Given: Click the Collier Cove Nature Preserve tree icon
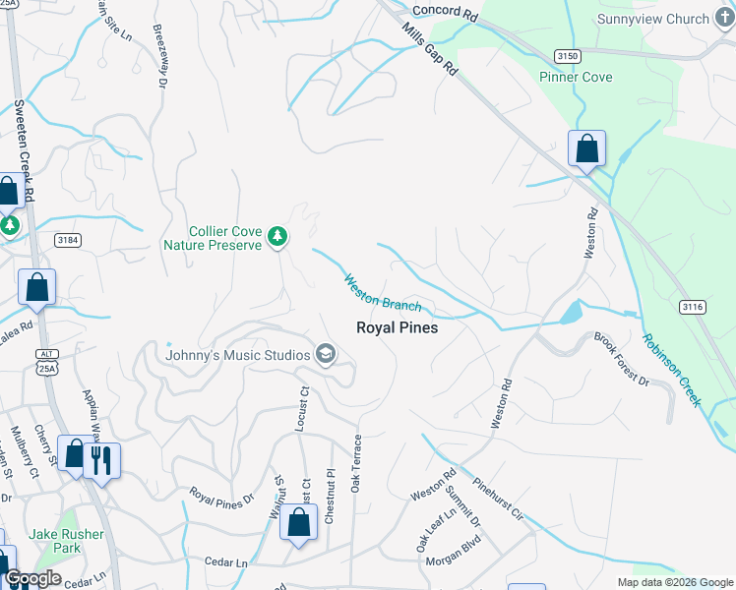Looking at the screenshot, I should [x=278, y=235].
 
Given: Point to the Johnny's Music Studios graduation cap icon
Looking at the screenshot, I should [x=326, y=355].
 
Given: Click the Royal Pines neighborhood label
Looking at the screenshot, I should [x=397, y=327].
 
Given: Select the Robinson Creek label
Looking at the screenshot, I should [x=672, y=370].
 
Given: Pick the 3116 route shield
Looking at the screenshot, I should [x=693, y=307].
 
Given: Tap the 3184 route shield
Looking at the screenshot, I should [x=68, y=239].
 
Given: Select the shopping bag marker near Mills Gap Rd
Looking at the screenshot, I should [x=586, y=150].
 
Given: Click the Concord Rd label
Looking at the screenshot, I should [x=444, y=11].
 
